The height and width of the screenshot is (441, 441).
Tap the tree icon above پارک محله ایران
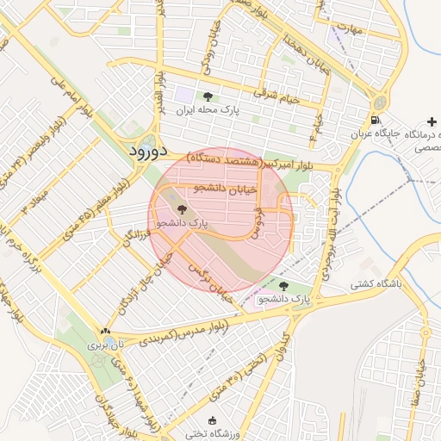click(x=207, y=96)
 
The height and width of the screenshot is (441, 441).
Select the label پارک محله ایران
click(x=207, y=110)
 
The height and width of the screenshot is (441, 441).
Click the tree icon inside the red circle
click(x=181, y=208)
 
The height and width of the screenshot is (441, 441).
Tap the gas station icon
click(x=375, y=120)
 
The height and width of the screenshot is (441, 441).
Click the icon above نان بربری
click(x=105, y=331)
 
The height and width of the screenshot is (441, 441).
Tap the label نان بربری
click(x=105, y=345)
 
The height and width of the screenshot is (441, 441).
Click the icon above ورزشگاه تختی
click(x=189, y=421)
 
